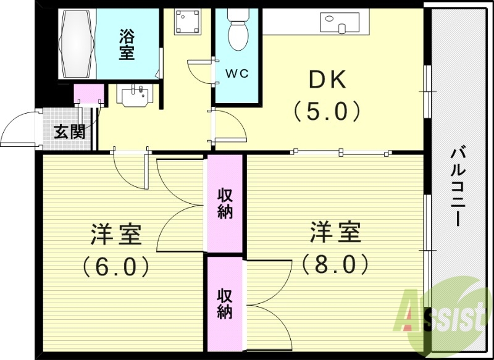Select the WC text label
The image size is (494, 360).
click(236, 73)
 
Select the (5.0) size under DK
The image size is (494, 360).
click(327, 111)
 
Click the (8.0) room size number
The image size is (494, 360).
click(335, 264)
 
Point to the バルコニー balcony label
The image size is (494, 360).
click(458, 185)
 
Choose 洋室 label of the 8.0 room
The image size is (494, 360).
click(335, 233)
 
